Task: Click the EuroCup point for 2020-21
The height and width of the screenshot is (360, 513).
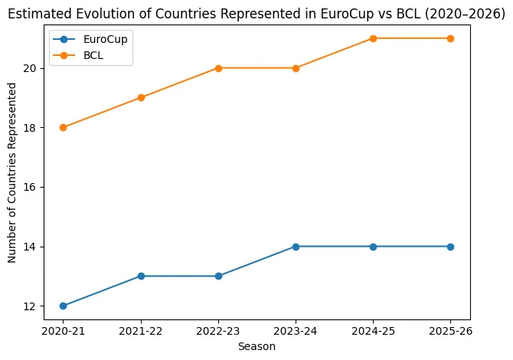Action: (63, 306)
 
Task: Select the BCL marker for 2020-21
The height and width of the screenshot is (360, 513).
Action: (63, 127)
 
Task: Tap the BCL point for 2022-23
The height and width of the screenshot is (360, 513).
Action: (218, 68)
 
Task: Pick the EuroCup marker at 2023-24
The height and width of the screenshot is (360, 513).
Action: (296, 247)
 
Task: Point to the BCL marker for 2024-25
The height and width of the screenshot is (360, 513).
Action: (373, 38)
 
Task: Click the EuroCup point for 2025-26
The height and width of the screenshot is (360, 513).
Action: (450, 247)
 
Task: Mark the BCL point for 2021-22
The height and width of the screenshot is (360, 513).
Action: (141, 97)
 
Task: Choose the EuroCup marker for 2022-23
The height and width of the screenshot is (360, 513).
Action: (218, 276)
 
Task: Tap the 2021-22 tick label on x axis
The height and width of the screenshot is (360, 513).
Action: (141, 332)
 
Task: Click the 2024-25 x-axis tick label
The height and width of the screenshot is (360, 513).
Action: (373, 332)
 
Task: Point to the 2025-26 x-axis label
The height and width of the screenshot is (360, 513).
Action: (450, 332)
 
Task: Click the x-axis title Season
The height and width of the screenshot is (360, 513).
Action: (256, 346)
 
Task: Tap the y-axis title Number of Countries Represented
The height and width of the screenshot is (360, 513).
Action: (12, 172)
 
